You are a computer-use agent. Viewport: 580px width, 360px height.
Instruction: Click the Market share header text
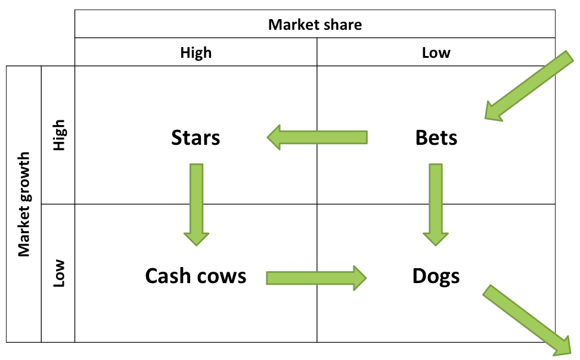(315, 24)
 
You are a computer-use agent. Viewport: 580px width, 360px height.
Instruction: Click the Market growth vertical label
(24, 204)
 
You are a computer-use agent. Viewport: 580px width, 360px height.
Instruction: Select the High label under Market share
(196, 52)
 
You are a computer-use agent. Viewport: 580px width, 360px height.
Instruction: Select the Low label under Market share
(436, 52)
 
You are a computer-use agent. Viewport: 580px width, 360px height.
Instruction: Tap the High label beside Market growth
(58, 135)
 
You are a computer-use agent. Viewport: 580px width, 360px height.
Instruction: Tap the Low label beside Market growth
(58, 273)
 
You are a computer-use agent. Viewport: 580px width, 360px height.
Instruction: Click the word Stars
(196, 138)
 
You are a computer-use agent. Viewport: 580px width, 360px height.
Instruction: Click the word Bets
(436, 138)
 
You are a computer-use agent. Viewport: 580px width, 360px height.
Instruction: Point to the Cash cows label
(196, 276)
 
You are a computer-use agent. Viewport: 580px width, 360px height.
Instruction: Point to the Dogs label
(436, 276)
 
